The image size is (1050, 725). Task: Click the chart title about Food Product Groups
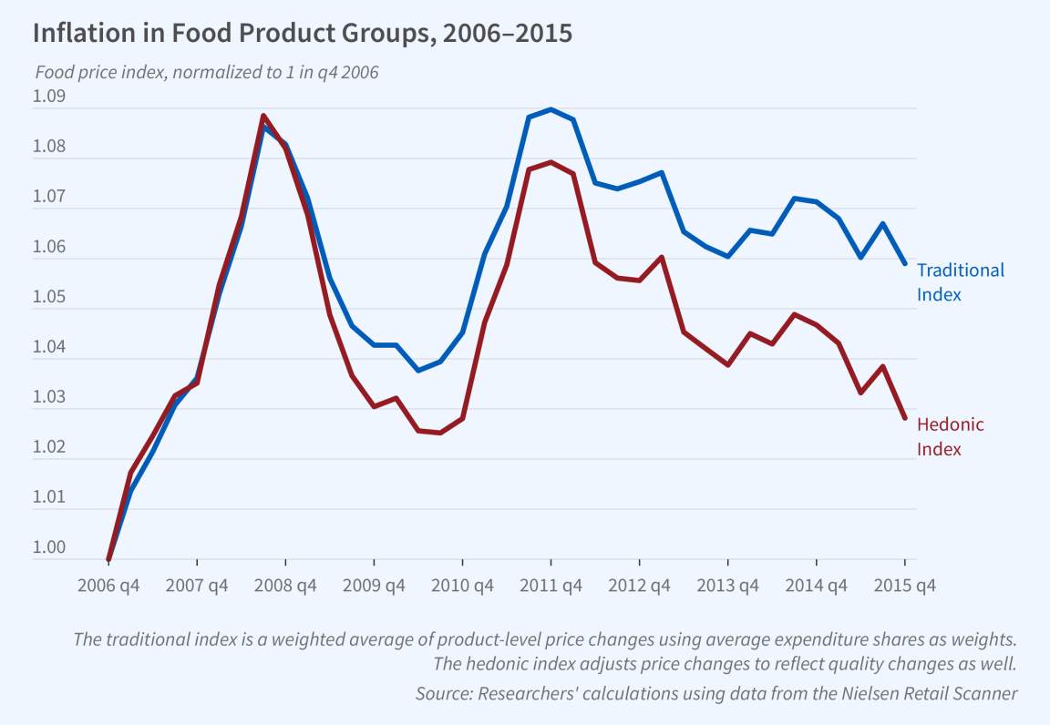(302, 34)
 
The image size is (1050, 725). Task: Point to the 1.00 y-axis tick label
(49, 547)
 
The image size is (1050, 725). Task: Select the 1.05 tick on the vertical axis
(49, 297)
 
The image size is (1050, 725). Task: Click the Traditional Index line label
(960, 281)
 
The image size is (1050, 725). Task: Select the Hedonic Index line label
(950, 436)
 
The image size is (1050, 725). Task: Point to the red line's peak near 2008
(262, 116)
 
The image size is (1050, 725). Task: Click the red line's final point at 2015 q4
(904, 418)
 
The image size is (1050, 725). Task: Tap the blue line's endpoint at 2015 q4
(904, 263)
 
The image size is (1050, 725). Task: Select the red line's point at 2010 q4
(463, 418)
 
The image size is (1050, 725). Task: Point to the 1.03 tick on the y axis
(49, 397)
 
